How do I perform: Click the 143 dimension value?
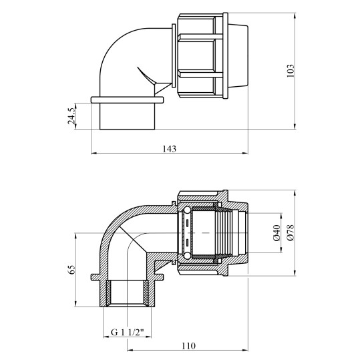click(x=169, y=148)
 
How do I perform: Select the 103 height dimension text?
click(x=290, y=71)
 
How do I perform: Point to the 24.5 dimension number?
click(x=71, y=116)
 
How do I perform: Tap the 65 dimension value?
click(x=71, y=270)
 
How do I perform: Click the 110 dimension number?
click(x=188, y=346)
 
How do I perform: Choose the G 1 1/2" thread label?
click(x=127, y=332)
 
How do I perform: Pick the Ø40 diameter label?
click(x=277, y=233)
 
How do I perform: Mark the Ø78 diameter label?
click(x=290, y=233)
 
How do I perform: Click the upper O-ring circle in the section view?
click(x=186, y=210)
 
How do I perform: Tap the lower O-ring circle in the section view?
click(x=186, y=256)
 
